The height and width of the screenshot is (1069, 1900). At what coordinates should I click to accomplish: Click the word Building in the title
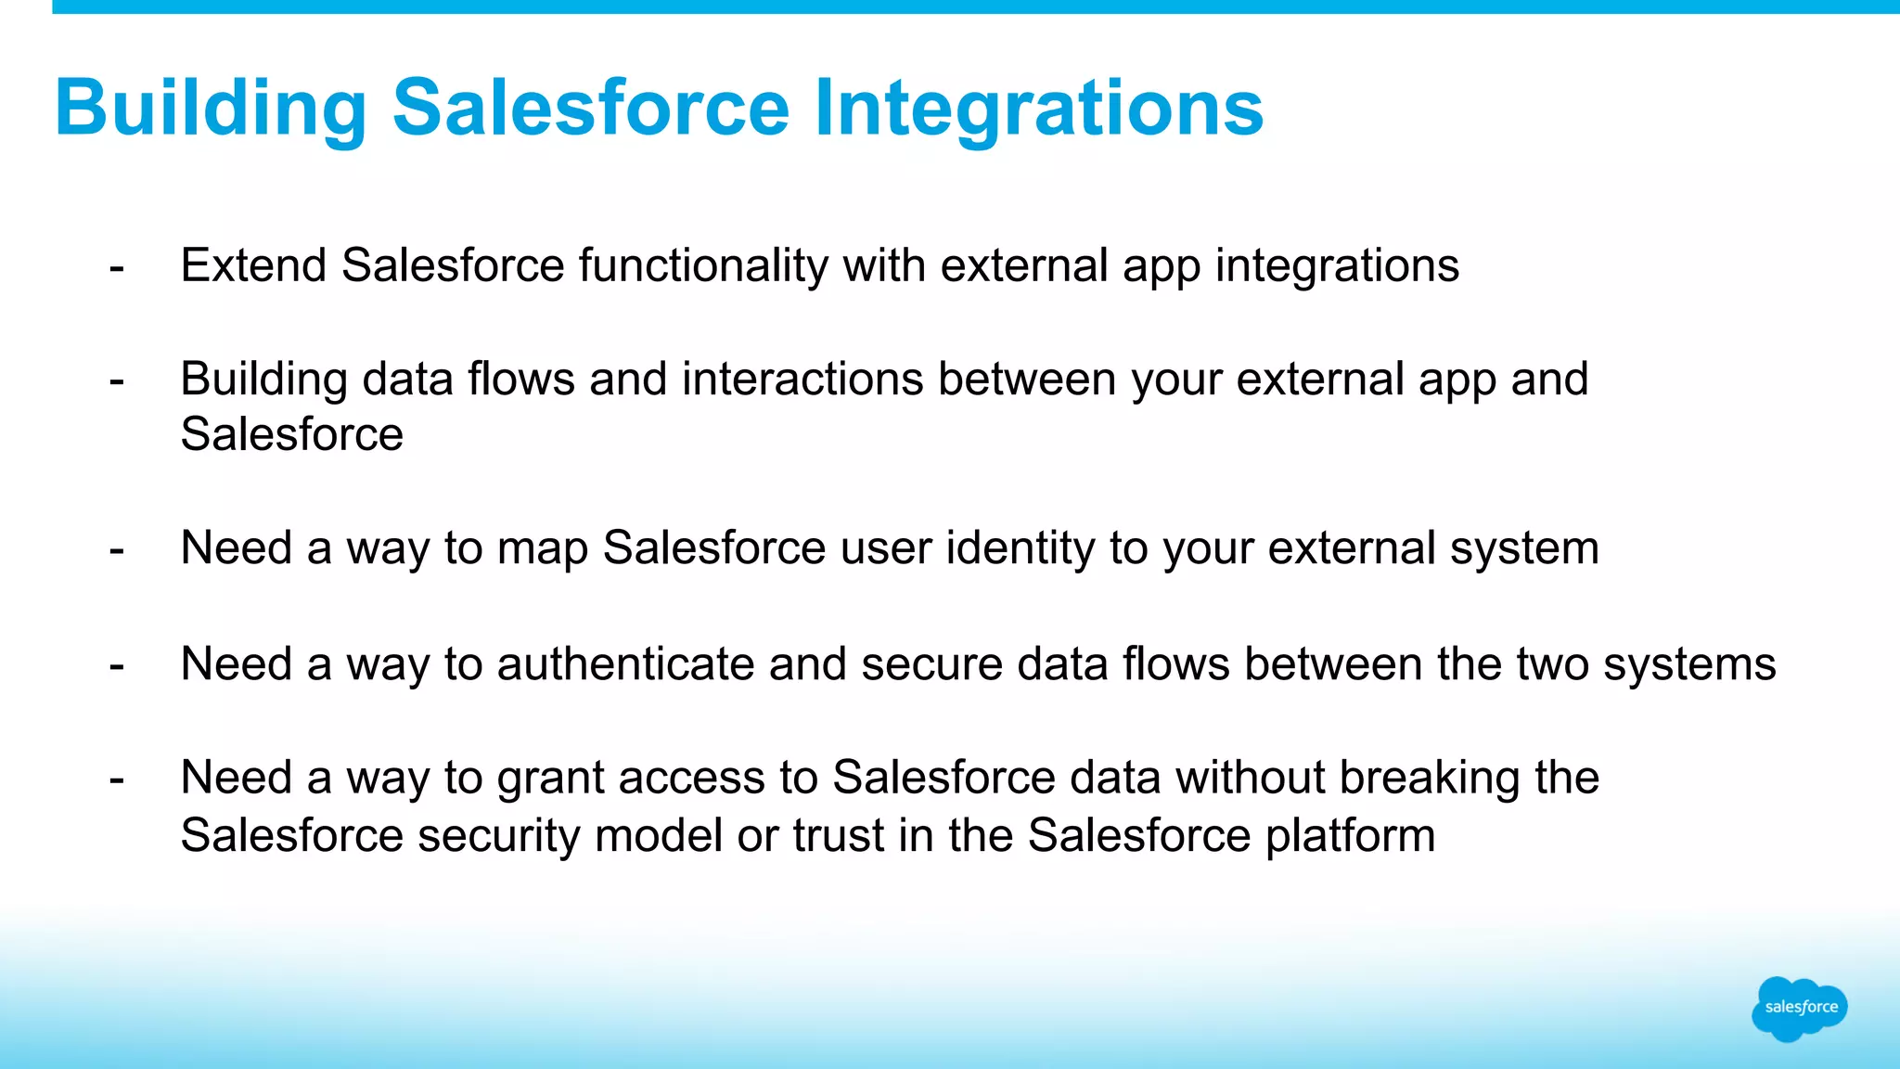pyautogui.click(x=212, y=109)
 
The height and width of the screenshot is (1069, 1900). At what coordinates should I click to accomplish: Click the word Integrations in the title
pyautogui.click(x=1038, y=109)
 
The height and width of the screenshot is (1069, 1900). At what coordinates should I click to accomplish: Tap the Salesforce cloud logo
pyautogui.click(x=1800, y=1008)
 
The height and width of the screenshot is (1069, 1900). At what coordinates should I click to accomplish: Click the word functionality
pyautogui.click(x=702, y=266)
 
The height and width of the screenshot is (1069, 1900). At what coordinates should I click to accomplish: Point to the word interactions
pyautogui.click(x=802, y=380)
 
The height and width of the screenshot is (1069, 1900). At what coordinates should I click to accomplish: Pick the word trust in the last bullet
pyautogui.click(x=838, y=835)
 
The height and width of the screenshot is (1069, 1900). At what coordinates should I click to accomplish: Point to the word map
pyautogui.click(x=543, y=548)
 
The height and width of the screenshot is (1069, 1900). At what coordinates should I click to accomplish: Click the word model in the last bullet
pyautogui.click(x=658, y=835)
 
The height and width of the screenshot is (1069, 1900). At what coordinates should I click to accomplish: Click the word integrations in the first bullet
pyautogui.click(x=1337, y=266)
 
